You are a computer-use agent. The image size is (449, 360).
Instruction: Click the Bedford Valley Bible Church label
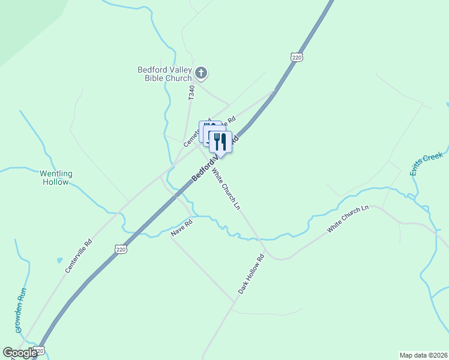tap(164, 74)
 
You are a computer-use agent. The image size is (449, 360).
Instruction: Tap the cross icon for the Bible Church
tap(201, 74)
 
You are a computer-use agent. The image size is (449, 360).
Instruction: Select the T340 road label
tap(191, 92)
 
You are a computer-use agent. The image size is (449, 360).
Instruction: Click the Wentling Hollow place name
tap(56, 178)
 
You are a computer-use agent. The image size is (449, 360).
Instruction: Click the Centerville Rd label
tap(79, 256)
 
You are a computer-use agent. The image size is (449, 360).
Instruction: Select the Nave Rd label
tap(181, 228)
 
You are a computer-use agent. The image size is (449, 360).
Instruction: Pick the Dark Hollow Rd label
tap(251, 274)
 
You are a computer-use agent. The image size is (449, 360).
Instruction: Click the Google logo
tap(20, 353)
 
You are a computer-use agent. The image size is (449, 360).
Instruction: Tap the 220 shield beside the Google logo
tap(40, 350)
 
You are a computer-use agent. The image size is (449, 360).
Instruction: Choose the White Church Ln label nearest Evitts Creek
tap(348, 220)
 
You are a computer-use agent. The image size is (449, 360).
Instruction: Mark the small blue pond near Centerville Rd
tap(59, 260)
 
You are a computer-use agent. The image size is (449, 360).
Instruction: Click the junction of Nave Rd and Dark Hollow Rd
tap(234, 299)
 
